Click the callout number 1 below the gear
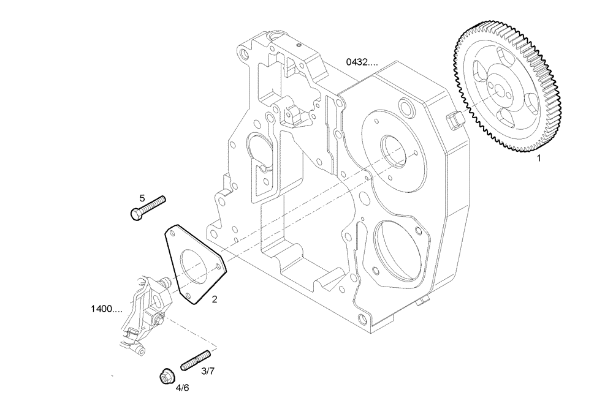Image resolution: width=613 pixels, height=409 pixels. coord(539,158)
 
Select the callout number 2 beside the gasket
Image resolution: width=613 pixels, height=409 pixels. coord(214,299)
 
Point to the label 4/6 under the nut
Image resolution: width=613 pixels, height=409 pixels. coord(182,388)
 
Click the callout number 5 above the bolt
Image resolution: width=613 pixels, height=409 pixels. coord(142,198)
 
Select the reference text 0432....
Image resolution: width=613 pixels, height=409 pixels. coord(362,62)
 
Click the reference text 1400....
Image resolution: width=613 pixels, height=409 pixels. coord(106,309)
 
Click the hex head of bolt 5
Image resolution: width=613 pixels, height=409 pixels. coord(136,214)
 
